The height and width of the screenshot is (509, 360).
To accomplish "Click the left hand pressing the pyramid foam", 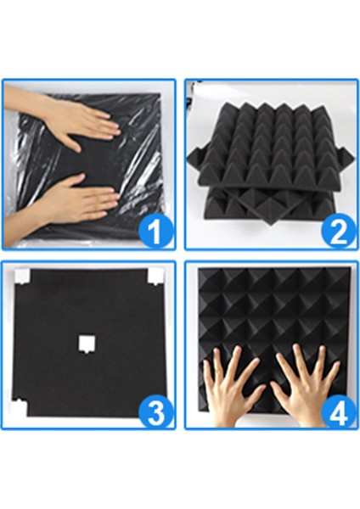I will pos(234,386).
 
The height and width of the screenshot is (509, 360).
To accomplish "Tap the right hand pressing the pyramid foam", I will pos(310,386).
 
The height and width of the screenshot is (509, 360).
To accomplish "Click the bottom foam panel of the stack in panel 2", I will pos(255,208).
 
